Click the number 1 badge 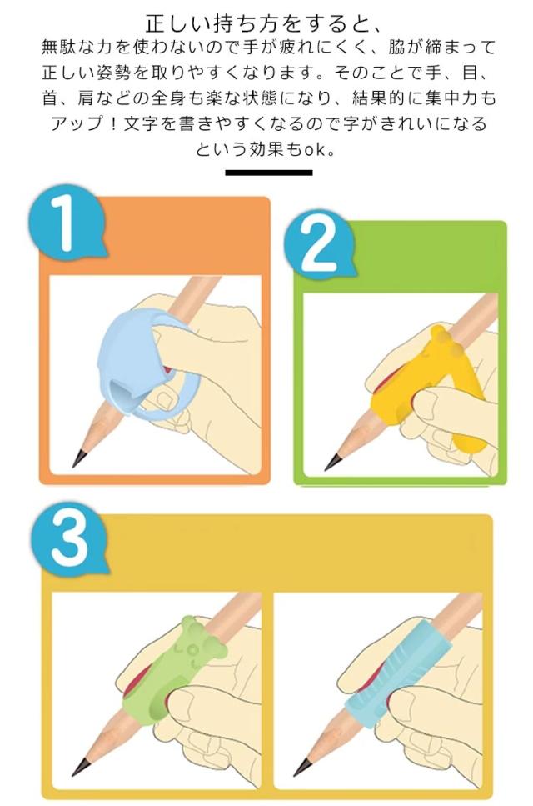[x=67, y=224]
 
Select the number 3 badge [x=69, y=540]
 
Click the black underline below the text [x=268, y=173]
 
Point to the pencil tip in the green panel [x=331, y=462]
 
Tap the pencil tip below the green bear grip [x=80, y=767]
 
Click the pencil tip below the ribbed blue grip [x=302, y=767]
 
